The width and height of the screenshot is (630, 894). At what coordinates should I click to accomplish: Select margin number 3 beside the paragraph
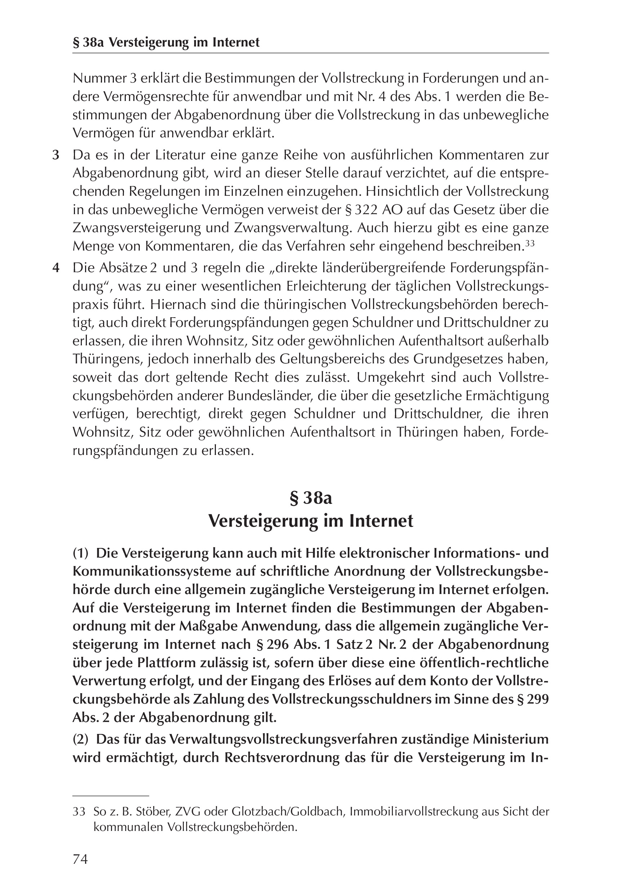(56, 155)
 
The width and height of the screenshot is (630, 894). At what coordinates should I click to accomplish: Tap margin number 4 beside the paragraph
(56, 268)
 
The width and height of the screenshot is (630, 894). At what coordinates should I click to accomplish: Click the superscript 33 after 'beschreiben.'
(529, 244)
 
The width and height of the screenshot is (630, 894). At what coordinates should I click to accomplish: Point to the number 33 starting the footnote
(79, 812)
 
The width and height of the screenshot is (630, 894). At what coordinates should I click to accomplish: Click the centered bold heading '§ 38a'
(311, 499)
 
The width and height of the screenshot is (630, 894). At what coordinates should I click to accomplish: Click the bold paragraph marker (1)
(81, 553)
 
